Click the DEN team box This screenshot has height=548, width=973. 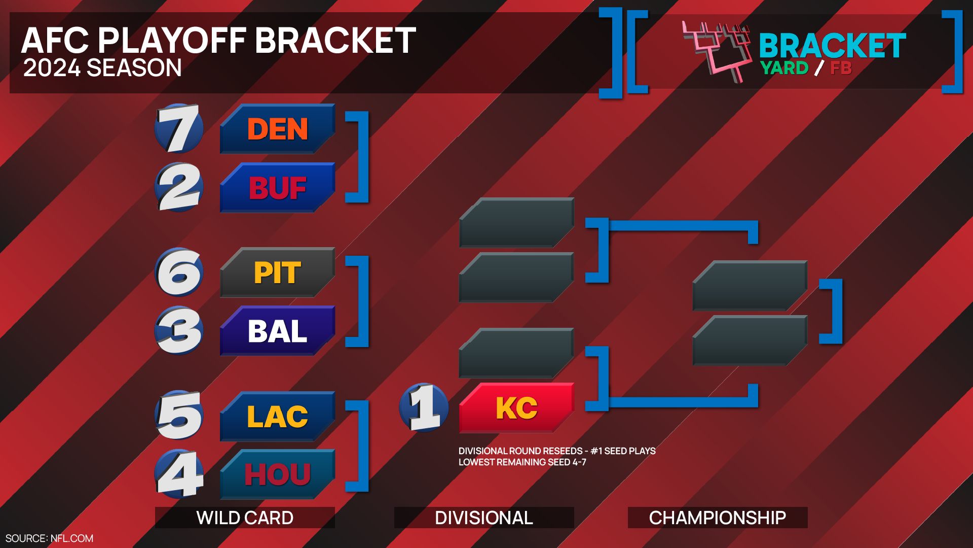point(277,129)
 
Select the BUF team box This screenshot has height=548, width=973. point(277,187)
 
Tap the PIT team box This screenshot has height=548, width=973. point(277,272)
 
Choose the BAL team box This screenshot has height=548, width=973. point(277,331)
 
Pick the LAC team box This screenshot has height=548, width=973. point(277,417)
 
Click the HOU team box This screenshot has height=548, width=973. point(277,474)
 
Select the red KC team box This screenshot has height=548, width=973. point(516,408)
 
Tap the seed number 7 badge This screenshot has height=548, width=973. point(179,129)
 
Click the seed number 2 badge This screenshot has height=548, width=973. point(179,187)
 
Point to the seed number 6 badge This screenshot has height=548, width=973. point(179,272)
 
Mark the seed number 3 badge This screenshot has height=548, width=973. point(179,331)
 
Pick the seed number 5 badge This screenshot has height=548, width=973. point(179,416)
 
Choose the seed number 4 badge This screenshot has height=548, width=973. point(179,474)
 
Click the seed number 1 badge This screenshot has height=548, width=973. point(424,407)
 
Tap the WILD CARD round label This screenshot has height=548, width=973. point(245,518)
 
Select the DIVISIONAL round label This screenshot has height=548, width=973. point(484,518)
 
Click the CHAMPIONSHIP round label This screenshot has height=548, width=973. point(718,518)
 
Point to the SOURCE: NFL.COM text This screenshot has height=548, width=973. point(49,538)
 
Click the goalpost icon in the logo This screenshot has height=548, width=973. point(717,51)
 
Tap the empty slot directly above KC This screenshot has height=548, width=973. point(516,353)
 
